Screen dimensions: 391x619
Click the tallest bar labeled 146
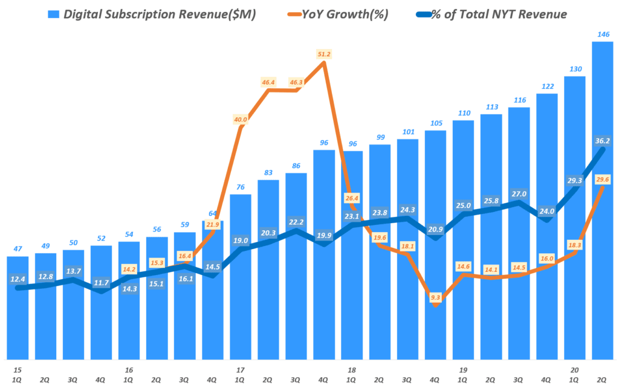(x=603, y=199)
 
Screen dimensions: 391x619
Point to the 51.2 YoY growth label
(x=324, y=54)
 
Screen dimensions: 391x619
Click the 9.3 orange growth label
(x=436, y=297)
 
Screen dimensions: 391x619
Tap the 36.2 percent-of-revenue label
(x=602, y=141)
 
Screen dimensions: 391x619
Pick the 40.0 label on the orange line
(x=240, y=120)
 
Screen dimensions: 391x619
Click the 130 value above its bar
(x=575, y=69)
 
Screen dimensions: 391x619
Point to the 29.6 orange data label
(x=602, y=179)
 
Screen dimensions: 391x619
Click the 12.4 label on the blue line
(x=18, y=279)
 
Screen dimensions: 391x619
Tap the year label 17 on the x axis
(x=240, y=369)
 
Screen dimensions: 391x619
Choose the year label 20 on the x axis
(x=575, y=369)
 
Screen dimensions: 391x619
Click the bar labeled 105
(x=436, y=242)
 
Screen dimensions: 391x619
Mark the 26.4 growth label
(x=352, y=198)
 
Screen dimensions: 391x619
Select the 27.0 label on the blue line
(x=519, y=194)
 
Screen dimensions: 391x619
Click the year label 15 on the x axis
(x=18, y=369)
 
